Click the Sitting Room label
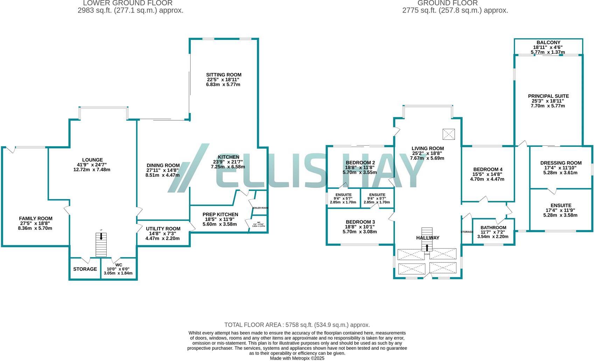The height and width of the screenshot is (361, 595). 223,75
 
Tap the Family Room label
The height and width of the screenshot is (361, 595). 36,219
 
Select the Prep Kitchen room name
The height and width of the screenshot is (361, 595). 220,214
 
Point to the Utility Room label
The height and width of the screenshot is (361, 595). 163,229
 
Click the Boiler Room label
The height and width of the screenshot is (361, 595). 260,208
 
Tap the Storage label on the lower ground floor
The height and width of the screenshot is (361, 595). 85,269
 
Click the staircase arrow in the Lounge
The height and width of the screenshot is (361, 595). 101,236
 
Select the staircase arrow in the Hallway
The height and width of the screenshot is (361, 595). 427,248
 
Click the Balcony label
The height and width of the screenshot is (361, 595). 548,43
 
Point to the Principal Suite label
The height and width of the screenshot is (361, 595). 548,96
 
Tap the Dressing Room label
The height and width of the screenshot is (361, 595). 561,163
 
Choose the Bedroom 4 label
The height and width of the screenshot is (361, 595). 487,169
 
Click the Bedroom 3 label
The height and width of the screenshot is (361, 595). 360,222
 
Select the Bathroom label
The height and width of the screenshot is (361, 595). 493,228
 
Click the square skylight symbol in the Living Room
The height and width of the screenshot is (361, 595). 448,134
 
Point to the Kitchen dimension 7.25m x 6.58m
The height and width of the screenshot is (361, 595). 228,167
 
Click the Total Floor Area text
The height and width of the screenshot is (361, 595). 297,325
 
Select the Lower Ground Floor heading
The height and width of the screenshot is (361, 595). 128,3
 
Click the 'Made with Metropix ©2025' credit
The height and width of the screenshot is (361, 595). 297,358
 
